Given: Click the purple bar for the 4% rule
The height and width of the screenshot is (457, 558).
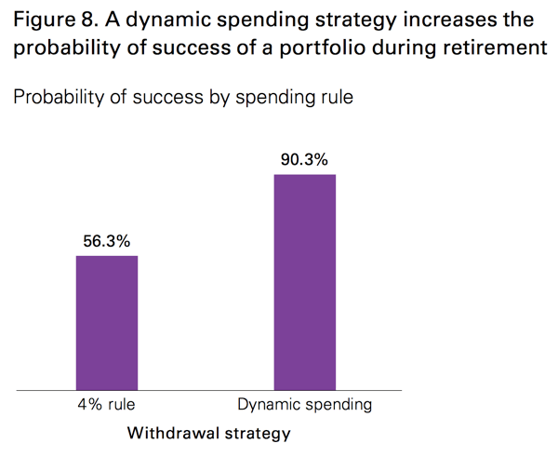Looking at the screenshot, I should coord(106,322).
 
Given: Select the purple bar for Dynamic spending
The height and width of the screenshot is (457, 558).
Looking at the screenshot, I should coord(304,281).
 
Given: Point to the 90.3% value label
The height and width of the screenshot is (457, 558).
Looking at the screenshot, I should coord(304,159).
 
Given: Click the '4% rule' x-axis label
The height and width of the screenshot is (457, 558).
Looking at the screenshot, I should coord(107,406).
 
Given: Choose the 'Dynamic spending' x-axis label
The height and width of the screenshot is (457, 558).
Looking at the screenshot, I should coord(304,406).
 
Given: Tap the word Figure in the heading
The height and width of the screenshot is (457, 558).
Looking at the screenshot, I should coord(40,19).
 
